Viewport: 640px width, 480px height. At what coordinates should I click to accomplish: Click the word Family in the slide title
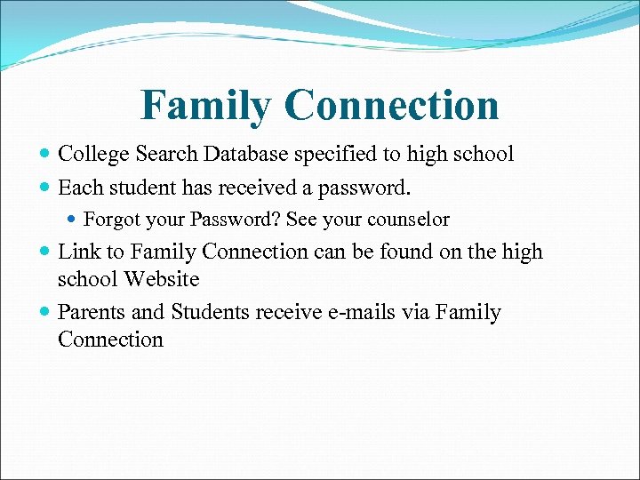[x=205, y=106]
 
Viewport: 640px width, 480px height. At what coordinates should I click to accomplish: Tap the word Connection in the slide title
[x=392, y=106]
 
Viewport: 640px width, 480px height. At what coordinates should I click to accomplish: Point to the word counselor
[x=407, y=219]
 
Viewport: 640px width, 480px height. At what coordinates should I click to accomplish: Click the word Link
[x=78, y=252]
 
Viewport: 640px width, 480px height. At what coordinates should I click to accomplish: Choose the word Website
[x=161, y=278]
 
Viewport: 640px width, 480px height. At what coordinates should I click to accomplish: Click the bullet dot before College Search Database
[x=45, y=155]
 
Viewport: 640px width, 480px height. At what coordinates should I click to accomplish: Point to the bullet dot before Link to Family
[x=45, y=252]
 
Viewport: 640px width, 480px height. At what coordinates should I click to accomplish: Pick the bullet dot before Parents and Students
[x=45, y=313]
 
